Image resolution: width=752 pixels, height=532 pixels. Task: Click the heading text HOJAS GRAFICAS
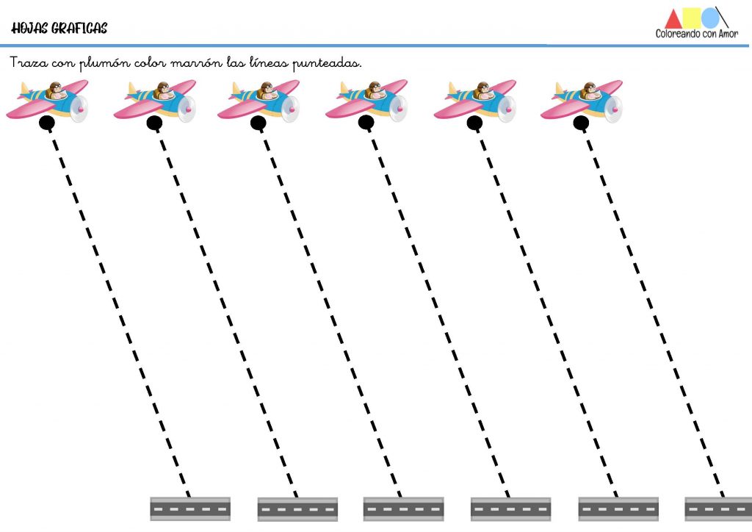point(59,29)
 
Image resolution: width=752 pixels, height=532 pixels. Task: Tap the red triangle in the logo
point(673,20)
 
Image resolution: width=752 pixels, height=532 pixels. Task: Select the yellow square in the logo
point(692,18)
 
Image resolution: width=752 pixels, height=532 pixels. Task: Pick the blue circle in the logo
point(710,18)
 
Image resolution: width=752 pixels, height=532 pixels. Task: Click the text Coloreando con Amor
point(696,34)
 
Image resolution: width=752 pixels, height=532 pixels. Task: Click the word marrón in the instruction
point(196,63)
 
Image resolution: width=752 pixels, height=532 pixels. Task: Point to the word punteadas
point(327,64)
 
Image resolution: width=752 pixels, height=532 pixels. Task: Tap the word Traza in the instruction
point(29,62)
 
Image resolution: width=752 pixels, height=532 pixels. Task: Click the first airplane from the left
point(47,101)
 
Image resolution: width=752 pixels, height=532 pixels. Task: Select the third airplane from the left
point(258,101)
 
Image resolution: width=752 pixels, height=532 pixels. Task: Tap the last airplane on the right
point(582,101)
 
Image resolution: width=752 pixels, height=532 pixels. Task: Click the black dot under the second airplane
point(154,123)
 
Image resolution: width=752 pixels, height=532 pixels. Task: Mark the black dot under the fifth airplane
point(474,123)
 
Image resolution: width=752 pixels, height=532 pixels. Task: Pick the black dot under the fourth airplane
point(366,123)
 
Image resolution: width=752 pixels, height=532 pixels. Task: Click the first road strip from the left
point(190,509)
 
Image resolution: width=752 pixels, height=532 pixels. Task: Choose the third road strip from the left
point(403,509)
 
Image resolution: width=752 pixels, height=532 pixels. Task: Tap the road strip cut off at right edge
point(718,509)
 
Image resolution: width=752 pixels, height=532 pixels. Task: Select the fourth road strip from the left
point(511,509)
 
